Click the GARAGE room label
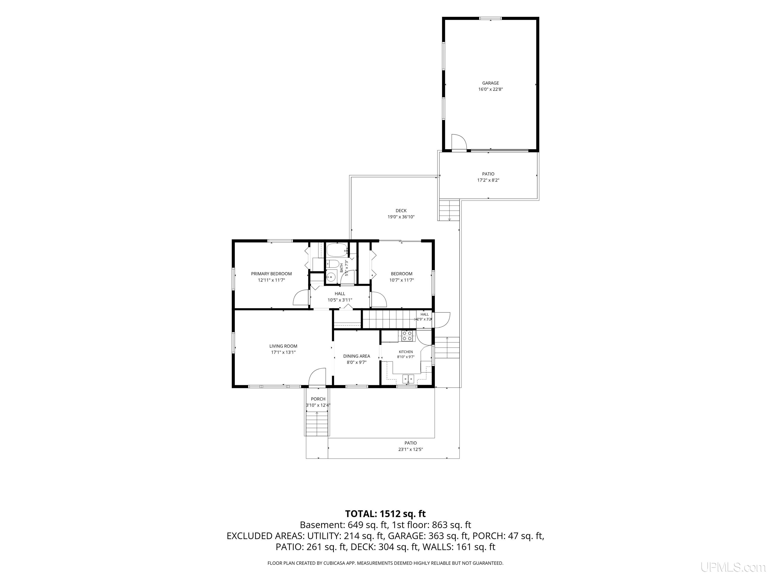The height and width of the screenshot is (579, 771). tap(490, 83)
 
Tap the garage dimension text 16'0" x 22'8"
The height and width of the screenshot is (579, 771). tap(490, 89)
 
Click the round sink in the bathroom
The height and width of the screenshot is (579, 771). tap(331, 277)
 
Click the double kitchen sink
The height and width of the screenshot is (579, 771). tap(408, 378)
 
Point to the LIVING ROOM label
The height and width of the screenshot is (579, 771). tap(283, 346)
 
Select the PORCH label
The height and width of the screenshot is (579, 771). tap(318, 399)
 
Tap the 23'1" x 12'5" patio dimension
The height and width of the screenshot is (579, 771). tap(411, 450)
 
